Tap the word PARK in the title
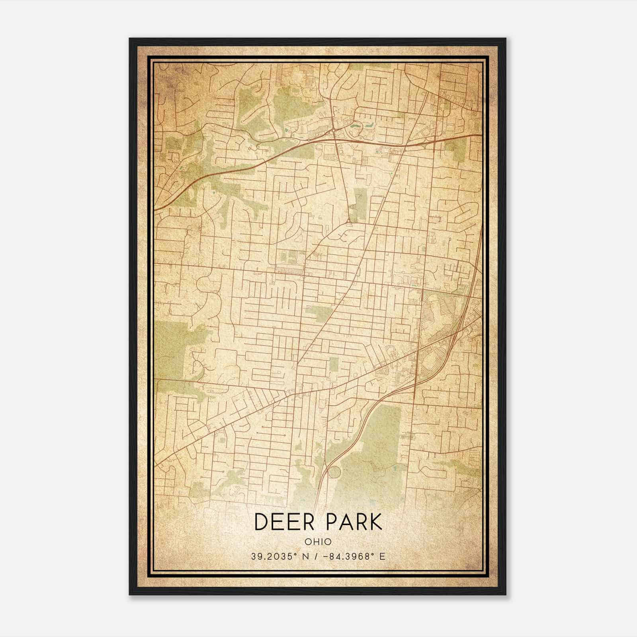tap(354, 522)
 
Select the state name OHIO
tap(318, 541)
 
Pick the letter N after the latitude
tap(306, 557)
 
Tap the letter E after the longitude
tap(382, 557)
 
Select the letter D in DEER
tap(261, 522)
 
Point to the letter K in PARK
tap(375, 522)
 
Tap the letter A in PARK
tap(345, 522)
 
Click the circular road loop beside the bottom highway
tap(334, 473)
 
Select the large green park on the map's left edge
tap(171, 350)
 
